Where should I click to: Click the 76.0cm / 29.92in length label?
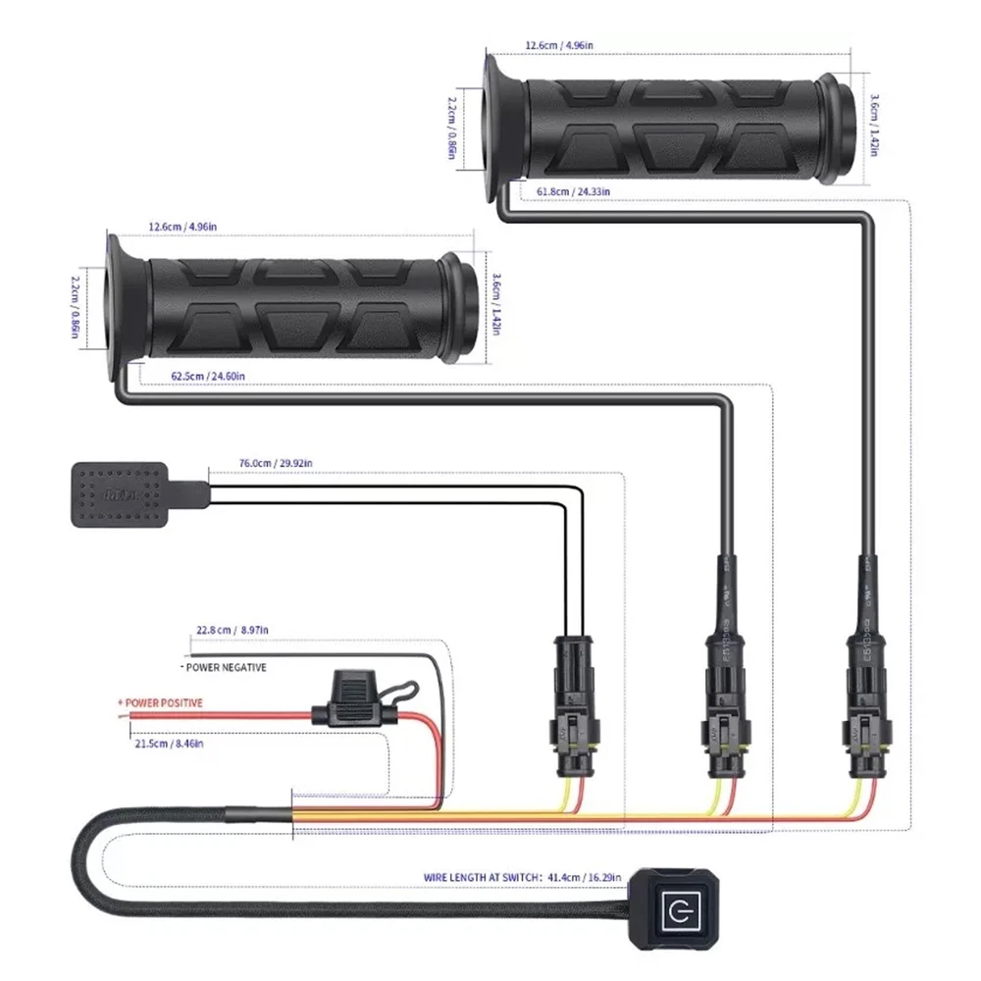[276, 463]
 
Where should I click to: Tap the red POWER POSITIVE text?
[161, 703]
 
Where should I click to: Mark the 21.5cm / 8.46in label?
[170, 745]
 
